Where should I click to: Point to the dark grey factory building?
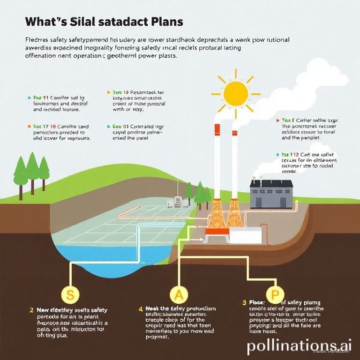(x=271, y=194)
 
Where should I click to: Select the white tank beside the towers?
(x=245, y=236)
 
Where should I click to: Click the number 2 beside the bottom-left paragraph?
(x=31, y=310)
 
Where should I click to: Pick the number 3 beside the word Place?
(x=244, y=302)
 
